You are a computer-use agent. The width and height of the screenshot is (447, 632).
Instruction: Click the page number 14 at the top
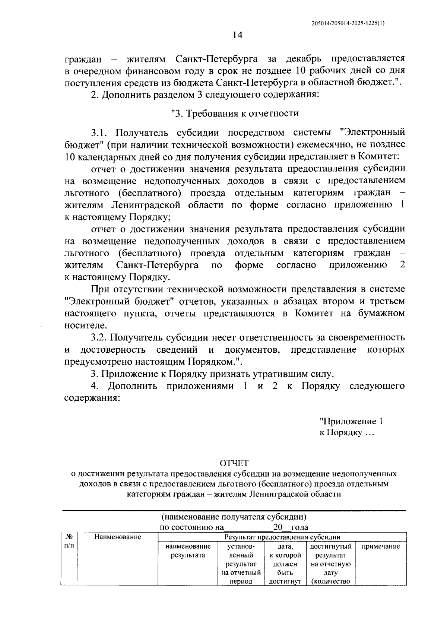click(237, 35)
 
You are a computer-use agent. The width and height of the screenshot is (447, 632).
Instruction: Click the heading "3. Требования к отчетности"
click(234, 113)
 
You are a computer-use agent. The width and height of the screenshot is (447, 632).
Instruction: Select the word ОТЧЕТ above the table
click(234, 463)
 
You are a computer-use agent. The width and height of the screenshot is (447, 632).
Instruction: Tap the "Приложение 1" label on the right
click(351, 421)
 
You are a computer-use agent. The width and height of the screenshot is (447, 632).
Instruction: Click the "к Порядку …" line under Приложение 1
click(346, 433)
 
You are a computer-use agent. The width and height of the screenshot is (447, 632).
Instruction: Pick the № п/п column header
click(69, 541)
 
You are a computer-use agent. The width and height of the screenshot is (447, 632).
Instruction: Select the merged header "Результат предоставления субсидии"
click(282, 537)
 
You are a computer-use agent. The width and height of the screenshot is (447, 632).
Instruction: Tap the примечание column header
click(381, 546)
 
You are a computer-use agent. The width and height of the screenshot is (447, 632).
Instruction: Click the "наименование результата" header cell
click(188, 551)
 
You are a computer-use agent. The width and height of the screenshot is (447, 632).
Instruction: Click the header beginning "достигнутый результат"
click(330, 563)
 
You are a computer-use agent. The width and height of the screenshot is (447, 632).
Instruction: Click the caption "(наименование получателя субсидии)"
click(234, 517)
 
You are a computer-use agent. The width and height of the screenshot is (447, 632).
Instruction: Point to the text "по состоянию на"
click(191, 527)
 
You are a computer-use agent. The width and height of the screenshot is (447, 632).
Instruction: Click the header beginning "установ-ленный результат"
click(241, 563)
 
